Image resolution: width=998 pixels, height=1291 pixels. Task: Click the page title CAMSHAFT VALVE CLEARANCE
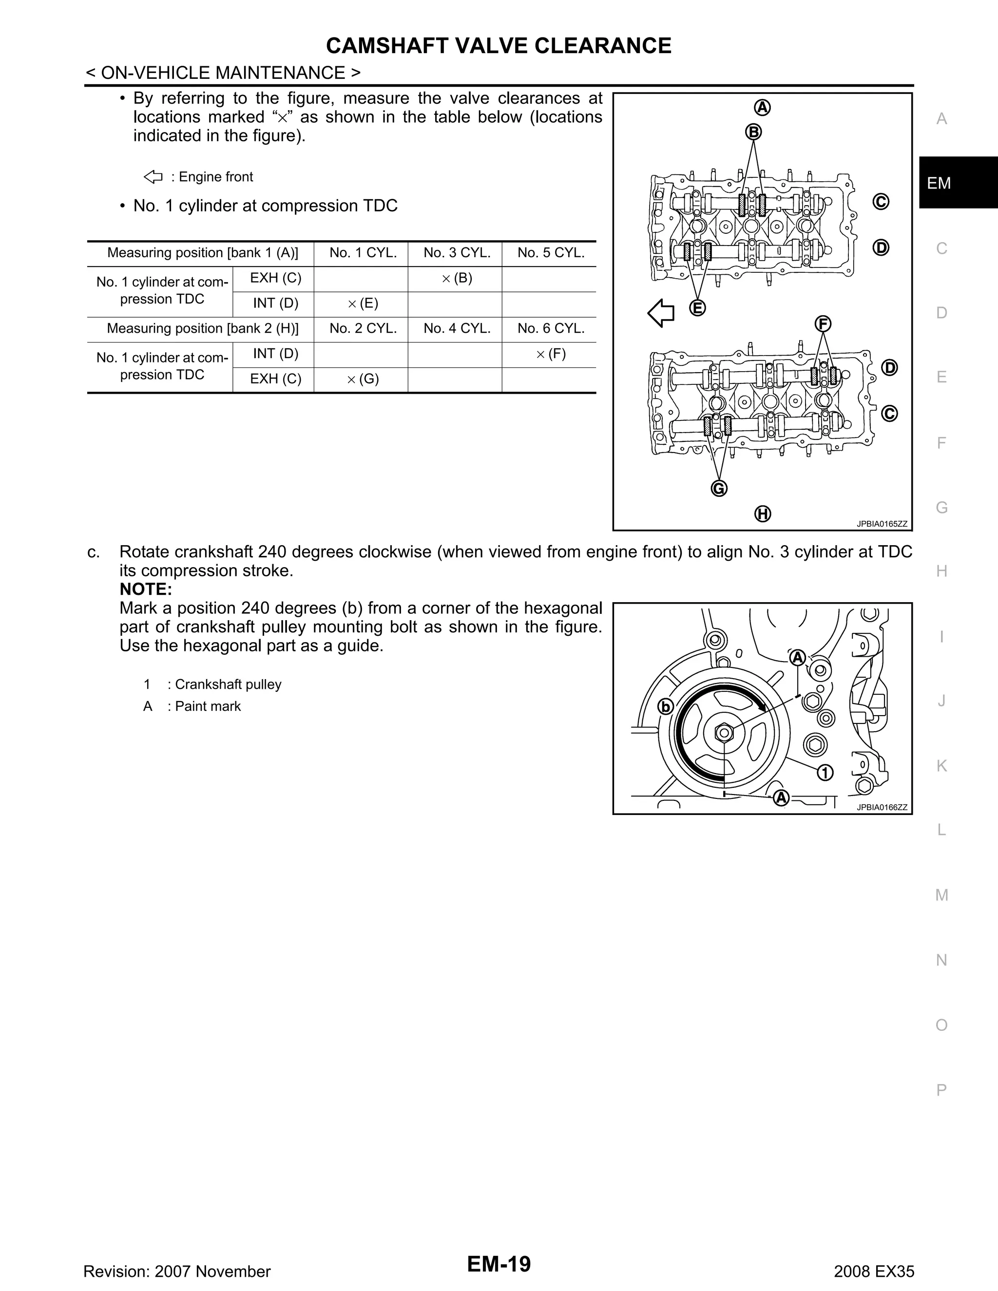pos(499,45)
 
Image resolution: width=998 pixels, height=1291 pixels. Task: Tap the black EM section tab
pos(958,183)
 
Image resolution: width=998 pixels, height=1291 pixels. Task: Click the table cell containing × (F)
pos(550,354)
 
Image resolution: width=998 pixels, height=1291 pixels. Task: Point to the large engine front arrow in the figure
pos(661,313)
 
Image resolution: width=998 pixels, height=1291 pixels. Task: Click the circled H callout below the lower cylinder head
pos(763,513)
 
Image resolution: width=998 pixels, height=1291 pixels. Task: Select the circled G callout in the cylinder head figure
pos(718,488)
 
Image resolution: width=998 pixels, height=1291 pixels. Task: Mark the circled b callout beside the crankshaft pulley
pos(666,706)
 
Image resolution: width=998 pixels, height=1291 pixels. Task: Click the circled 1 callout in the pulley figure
pos(825,772)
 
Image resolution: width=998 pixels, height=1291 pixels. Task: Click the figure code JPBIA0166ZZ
pos(882,807)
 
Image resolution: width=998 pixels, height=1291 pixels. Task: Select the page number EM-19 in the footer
pos(499,1264)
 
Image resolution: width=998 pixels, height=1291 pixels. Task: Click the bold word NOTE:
pos(145,589)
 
